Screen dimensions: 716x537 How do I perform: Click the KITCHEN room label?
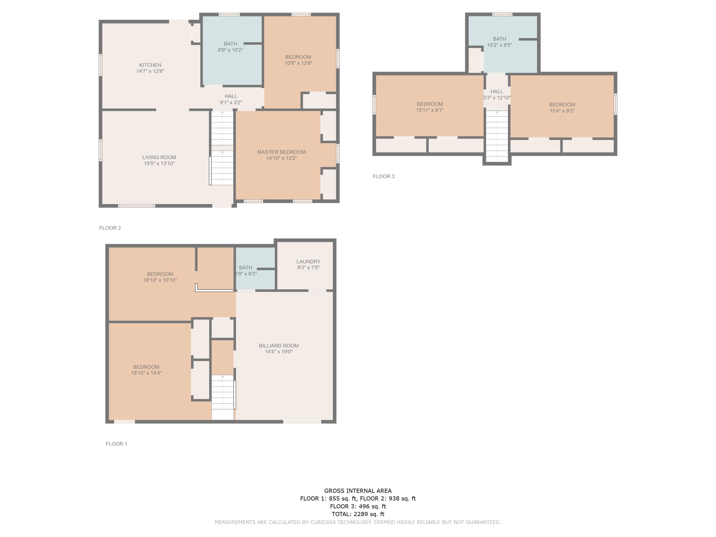tap(150, 65)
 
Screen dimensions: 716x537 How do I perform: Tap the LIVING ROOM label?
tap(159, 157)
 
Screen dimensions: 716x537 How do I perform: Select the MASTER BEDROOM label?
tap(281, 152)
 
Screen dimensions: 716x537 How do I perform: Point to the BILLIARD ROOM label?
tap(279, 346)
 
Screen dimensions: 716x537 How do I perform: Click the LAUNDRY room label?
tap(308, 262)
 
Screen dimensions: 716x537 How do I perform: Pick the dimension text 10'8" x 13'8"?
tap(298, 63)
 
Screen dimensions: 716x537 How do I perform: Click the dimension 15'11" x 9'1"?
tap(430, 110)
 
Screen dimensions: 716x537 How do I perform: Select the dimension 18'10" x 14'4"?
tap(146, 373)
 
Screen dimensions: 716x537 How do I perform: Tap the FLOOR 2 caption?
tap(110, 228)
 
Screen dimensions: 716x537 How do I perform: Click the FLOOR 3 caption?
tap(384, 176)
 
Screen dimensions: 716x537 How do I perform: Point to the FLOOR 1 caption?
tap(116, 444)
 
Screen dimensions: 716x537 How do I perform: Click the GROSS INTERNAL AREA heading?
tap(358, 491)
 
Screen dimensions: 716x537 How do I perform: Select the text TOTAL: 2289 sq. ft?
tap(358, 514)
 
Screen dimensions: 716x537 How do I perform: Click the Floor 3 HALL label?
tap(497, 92)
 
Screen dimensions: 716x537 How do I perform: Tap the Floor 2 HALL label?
tap(231, 96)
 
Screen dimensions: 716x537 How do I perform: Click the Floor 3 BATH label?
tap(500, 39)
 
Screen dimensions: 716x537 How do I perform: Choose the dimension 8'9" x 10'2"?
tap(231, 50)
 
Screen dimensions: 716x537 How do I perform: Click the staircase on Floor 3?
tap(497, 136)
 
